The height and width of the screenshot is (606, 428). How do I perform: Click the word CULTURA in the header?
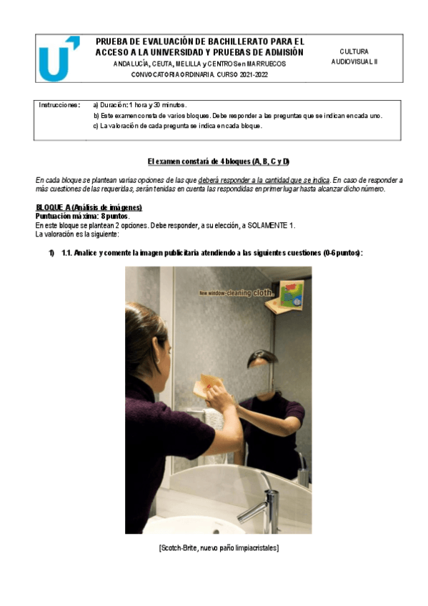(354, 51)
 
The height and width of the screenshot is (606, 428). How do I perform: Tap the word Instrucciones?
(59, 104)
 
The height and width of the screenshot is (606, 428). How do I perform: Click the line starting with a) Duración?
(140, 104)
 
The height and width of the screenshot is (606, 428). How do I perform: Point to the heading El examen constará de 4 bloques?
(218, 162)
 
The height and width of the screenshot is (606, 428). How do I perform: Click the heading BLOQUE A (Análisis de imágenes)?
(89, 207)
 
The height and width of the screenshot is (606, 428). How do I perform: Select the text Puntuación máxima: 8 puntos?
(82, 216)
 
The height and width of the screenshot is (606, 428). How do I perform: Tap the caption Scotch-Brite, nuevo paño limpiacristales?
(218, 547)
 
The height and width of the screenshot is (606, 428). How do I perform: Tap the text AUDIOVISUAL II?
(354, 61)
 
